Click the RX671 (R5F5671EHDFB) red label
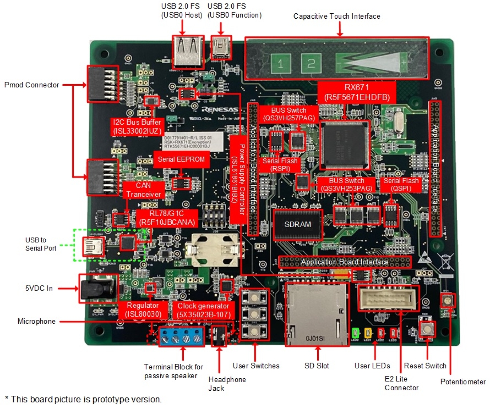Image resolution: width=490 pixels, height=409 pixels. coord(357,92)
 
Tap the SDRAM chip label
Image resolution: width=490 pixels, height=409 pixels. coord(298,225)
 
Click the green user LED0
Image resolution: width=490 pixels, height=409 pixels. coord(355,333)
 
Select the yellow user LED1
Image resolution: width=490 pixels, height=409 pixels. coord(367,333)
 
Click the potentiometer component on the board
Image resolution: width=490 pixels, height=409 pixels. coord(447,300)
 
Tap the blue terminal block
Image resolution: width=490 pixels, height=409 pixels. coord(181,336)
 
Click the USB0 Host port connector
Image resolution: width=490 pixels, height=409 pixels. coord(188,51)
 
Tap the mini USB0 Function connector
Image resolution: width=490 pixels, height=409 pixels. coord(221,48)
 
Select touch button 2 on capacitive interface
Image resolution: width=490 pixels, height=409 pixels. coord(311,63)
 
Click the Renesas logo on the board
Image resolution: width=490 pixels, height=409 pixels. coord(220,110)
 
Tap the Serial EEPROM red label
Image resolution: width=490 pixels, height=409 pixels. coord(181,159)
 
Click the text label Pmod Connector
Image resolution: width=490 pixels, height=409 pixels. coord(32,85)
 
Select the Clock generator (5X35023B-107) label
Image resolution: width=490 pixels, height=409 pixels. coord(203,310)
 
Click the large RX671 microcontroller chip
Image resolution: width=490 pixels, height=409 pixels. coord(344,145)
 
